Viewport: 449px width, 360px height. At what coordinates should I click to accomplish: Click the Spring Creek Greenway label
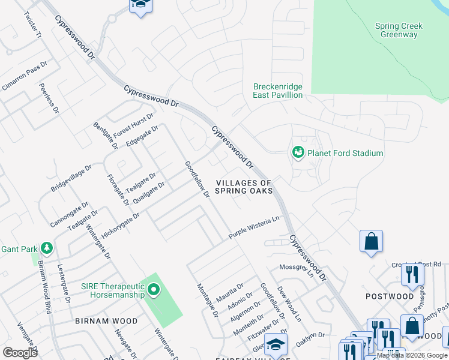[x=399, y=31]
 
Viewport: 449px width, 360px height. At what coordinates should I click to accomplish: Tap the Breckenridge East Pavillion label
[x=277, y=91]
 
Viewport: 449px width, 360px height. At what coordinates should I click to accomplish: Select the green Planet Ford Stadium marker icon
[x=298, y=153]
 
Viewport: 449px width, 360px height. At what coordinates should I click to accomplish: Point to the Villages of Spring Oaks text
[x=244, y=187]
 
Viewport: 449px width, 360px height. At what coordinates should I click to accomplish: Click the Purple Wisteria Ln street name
[x=255, y=229]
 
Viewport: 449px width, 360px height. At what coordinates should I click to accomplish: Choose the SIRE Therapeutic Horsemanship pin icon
[x=154, y=290]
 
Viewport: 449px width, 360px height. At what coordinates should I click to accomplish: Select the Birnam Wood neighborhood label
[x=106, y=321]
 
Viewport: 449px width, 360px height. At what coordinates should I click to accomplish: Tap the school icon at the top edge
[x=140, y=5]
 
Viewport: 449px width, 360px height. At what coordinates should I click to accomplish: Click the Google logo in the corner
[x=20, y=353]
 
